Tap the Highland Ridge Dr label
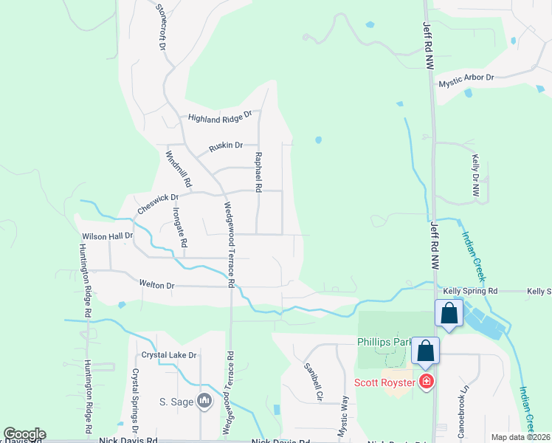[219, 117]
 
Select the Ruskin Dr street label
[226, 146]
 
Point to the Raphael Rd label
[258, 172]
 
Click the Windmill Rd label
[178, 168]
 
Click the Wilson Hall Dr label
[107, 236]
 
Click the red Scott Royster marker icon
[426, 382]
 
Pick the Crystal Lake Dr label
[169, 355]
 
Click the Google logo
[24, 434]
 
